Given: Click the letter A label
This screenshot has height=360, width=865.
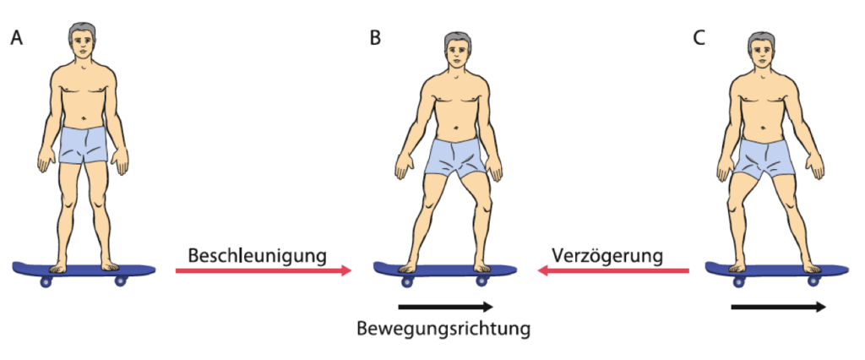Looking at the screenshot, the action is tap(17, 39).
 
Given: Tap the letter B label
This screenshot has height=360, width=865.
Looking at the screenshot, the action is tap(375, 39).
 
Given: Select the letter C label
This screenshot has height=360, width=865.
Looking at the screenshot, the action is tap(699, 39).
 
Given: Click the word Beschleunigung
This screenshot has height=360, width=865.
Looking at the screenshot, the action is tap(258, 256).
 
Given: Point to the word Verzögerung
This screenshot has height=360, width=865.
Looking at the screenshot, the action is tap(607, 256).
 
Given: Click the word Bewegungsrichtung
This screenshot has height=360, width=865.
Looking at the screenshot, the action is tap(443, 329).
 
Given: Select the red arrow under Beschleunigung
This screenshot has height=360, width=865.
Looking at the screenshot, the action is tap(264, 270).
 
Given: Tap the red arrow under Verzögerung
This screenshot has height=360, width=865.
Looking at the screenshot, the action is tap(613, 270).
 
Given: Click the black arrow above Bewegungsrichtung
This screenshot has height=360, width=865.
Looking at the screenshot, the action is tap(445, 306).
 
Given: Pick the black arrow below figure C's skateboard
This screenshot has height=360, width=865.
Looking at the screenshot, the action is tap(778, 307).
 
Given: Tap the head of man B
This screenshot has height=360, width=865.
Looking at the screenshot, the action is tap(457, 51).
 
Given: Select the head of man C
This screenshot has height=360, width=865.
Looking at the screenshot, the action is tap(762, 51).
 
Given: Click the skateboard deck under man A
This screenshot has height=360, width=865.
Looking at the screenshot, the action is tap(84, 270).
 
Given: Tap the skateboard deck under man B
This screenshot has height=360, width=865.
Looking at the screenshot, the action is tap(445, 270).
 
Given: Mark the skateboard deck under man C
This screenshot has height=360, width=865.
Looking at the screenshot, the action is tap(777, 270).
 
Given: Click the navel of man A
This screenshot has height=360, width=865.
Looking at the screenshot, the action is tap(83, 118).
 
